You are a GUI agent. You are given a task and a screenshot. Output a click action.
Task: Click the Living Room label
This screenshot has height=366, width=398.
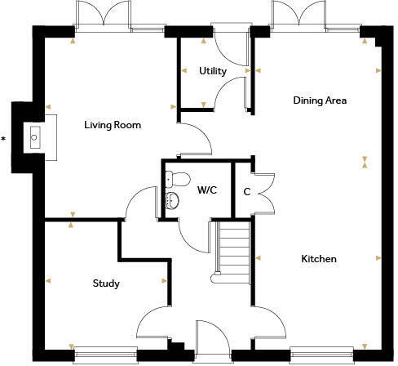113,126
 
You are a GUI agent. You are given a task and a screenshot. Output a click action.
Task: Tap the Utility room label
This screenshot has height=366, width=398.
213,71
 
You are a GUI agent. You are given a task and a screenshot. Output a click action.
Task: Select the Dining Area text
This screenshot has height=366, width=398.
321,100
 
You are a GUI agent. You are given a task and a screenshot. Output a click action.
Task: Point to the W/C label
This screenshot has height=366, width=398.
206,190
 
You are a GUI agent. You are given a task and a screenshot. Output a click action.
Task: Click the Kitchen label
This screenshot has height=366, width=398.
319,259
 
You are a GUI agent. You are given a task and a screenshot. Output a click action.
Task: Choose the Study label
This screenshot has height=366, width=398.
106,283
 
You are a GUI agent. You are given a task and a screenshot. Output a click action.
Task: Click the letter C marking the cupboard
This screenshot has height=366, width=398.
246,192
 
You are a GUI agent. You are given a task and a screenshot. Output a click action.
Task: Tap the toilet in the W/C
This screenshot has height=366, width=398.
180,177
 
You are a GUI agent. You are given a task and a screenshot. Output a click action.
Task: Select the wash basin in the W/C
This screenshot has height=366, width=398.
172,202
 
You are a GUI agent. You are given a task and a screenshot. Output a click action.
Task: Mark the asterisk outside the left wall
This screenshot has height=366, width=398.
4,140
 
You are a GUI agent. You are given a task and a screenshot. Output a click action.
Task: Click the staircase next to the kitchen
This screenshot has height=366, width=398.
234,250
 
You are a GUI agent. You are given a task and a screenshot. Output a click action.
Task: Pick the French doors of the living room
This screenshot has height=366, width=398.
103,16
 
